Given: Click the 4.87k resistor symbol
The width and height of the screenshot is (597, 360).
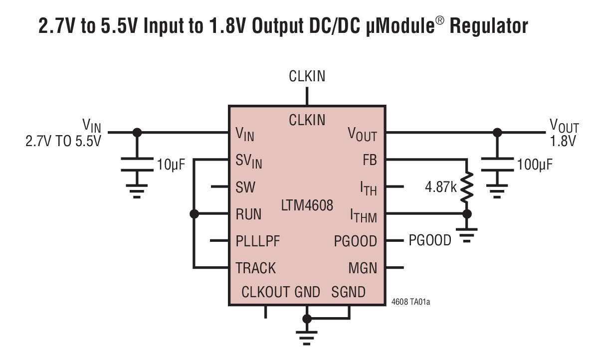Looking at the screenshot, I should [467, 187].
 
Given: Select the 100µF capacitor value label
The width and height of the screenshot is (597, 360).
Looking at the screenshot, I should [535, 164].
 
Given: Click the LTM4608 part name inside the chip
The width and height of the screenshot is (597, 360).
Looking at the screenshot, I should [306, 205].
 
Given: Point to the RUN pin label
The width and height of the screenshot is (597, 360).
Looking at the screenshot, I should [248, 214].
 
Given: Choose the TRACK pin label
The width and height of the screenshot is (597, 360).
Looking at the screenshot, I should [255, 268].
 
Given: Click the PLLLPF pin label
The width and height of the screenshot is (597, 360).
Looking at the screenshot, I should [258, 241].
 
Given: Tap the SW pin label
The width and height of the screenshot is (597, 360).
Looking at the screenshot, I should [245, 187].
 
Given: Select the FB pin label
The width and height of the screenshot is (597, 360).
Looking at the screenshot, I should [369, 161].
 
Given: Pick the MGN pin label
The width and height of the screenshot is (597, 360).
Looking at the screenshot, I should [363, 268].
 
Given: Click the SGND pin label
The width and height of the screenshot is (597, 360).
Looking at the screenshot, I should [348, 292].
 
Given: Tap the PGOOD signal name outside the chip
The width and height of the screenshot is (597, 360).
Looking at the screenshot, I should [430, 241].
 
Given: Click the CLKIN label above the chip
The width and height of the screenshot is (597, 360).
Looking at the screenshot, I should [307, 76].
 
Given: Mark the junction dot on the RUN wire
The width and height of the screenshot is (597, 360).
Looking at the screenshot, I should [195, 214].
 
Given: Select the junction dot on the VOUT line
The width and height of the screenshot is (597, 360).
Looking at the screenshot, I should [497, 133].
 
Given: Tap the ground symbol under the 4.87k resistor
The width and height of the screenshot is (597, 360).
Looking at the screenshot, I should [467, 234].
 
